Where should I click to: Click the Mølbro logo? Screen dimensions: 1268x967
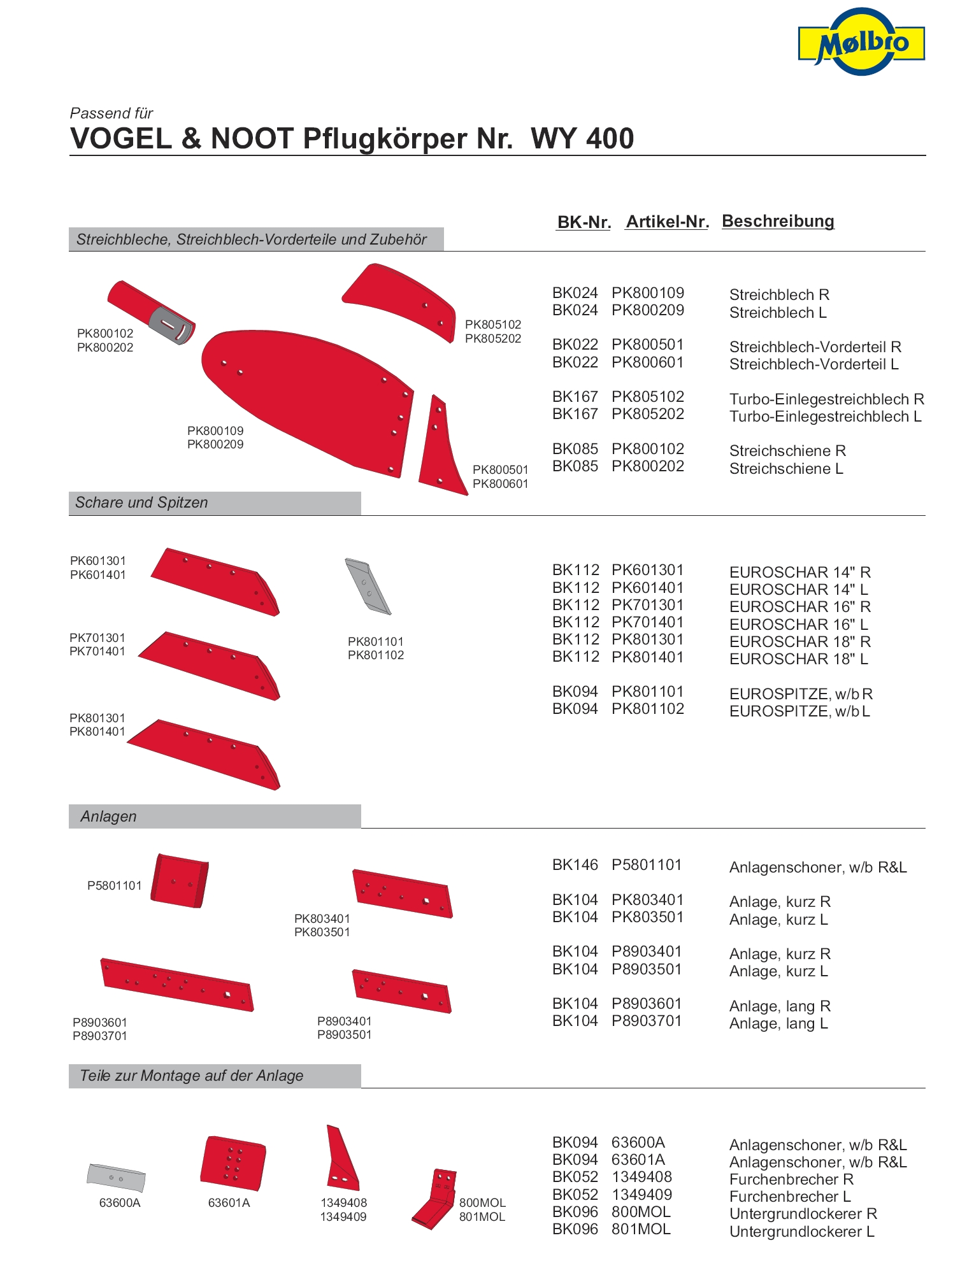pyautogui.click(x=861, y=42)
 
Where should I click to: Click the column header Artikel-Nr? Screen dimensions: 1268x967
pyautogui.click(x=667, y=222)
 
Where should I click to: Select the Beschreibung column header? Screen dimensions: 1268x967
pyautogui.click(x=778, y=221)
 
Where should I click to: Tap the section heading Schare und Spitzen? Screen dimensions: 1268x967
pyautogui.click(x=141, y=502)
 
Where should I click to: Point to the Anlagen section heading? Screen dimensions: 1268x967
pyautogui.click(x=108, y=816)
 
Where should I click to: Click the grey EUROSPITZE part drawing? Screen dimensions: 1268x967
pyautogui.click(x=368, y=587)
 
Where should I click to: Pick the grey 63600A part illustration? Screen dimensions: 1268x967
pyautogui.click(x=116, y=1178)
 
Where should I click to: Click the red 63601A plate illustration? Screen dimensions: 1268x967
pyautogui.click(x=233, y=1163)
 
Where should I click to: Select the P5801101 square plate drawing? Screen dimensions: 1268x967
pyautogui.click(x=180, y=880)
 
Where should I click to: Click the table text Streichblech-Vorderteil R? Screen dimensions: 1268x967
pyautogui.click(x=815, y=347)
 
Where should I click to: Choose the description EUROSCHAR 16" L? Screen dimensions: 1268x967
pyautogui.click(x=798, y=624)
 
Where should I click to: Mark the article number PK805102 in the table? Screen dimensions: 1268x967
pyautogui.click(x=647, y=397)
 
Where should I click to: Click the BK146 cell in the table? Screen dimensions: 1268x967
pyautogui.click(x=575, y=865)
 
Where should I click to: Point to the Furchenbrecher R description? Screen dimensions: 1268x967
pyautogui.click(x=791, y=1179)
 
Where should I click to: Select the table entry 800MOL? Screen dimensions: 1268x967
pyautogui.click(x=641, y=1212)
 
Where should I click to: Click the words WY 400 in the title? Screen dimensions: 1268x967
pyautogui.click(x=582, y=138)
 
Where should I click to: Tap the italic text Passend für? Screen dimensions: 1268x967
pyautogui.click(x=111, y=113)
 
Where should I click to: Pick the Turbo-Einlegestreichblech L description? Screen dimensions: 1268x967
pyautogui.click(x=825, y=417)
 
